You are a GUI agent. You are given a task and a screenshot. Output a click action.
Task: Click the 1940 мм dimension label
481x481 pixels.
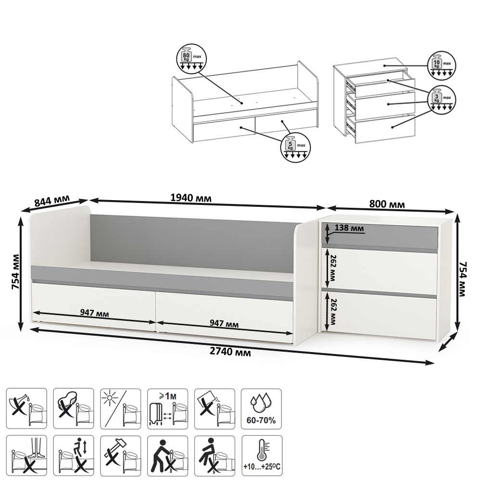[x=191, y=198]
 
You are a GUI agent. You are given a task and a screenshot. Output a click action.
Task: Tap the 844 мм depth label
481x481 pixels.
[x=52, y=201]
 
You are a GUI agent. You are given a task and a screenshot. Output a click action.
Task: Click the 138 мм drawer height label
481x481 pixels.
[x=349, y=228]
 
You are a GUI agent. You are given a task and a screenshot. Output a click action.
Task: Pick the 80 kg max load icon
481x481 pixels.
[x=192, y=59]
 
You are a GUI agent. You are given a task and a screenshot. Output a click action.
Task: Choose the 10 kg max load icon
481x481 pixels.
[x=442, y=65]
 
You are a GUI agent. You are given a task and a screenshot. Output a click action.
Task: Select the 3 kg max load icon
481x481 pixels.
[x=442, y=100]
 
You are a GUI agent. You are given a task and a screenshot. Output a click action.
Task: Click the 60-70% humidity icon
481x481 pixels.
[x=261, y=408]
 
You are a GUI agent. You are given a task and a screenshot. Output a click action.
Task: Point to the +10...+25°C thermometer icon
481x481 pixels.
[x=262, y=456]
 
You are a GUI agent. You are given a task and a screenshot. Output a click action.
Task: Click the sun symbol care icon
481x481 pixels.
[x=121, y=408]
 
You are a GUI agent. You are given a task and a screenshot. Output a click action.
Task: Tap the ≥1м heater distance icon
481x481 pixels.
[x=167, y=408]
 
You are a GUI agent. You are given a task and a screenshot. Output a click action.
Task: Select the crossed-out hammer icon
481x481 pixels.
[x=121, y=456]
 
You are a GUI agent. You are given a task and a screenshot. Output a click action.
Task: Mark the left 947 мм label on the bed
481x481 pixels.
[x=94, y=313]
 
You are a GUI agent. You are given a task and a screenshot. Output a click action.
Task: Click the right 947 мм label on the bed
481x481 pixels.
[x=224, y=323]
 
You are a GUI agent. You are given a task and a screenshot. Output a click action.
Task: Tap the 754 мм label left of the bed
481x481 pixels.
[x=15, y=271]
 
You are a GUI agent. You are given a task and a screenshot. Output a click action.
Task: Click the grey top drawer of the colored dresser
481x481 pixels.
[x=380, y=236]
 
